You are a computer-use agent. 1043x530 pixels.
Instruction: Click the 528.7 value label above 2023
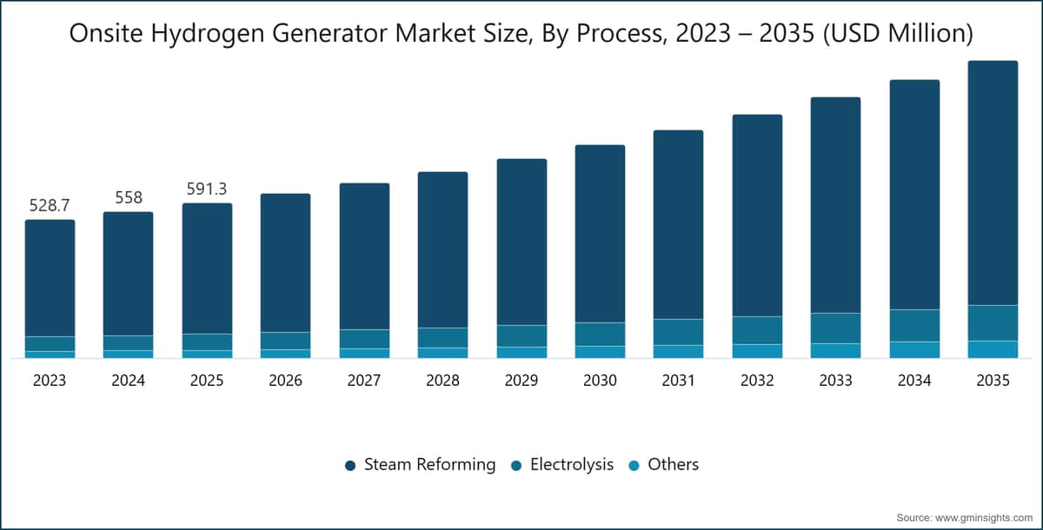(50, 205)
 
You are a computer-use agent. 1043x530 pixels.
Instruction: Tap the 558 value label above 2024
(129, 197)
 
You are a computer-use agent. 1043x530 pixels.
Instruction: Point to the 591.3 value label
(207, 189)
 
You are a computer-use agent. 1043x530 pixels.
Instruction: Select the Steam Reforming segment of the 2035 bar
(993, 182)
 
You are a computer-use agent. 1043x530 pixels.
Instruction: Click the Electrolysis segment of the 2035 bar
(993, 323)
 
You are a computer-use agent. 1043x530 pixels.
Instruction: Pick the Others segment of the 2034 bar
(914, 350)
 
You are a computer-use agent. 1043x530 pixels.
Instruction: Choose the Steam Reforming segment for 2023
(50, 278)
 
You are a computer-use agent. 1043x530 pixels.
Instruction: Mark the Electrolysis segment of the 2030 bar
(601, 335)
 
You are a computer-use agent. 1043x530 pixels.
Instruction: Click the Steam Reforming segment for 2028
(442, 250)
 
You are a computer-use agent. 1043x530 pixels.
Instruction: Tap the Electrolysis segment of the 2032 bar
(758, 330)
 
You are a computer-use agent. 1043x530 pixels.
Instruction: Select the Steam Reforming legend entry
(420, 465)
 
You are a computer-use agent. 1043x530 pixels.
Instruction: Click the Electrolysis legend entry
(562, 465)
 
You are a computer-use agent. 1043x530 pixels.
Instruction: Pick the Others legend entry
(663, 465)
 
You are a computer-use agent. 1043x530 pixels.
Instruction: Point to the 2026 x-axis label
(285, 381)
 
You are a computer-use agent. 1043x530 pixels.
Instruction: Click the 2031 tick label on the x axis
(679, 381)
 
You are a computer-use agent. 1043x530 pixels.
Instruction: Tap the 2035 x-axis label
(993, 381)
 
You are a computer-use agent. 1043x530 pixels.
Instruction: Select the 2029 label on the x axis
(521, 381)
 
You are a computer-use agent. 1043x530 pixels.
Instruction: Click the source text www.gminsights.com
(990, 518)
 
